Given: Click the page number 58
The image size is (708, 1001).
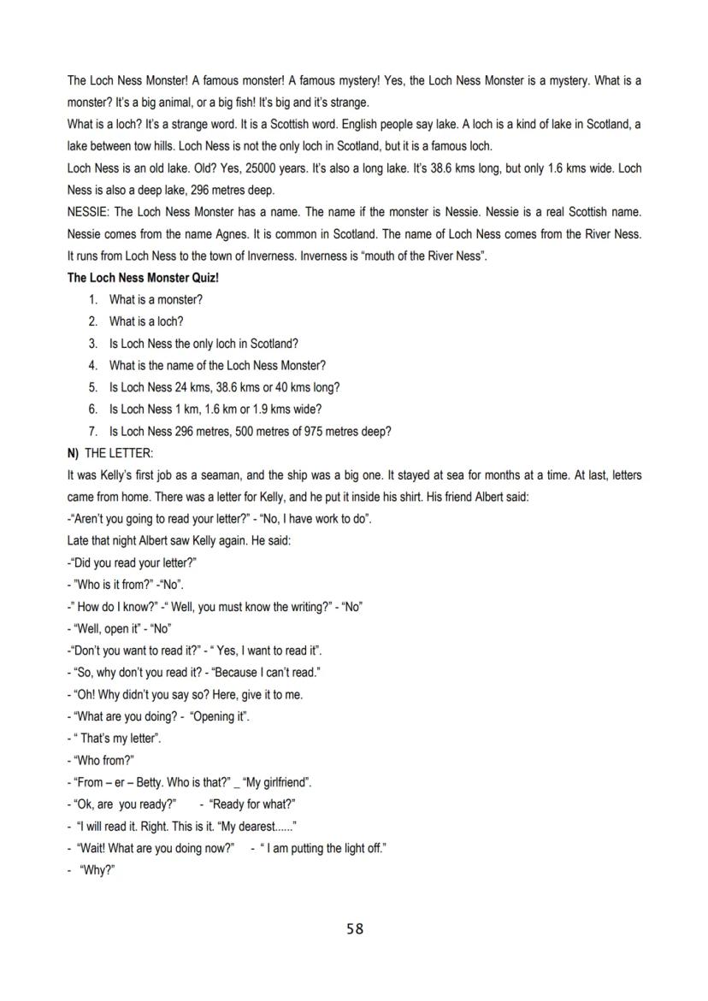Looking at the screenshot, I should click(x=355, y=928).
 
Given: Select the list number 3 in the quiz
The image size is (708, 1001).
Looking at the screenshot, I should click(x=92, y=344).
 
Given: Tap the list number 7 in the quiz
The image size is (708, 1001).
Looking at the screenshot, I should click(x=92, y=432).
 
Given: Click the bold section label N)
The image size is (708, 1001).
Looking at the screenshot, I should click(x=74, y=453).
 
